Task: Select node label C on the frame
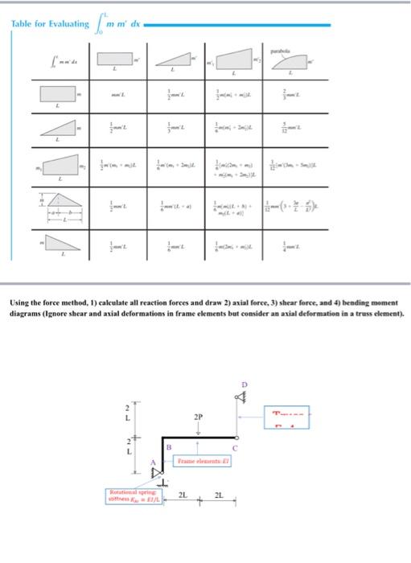236,446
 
